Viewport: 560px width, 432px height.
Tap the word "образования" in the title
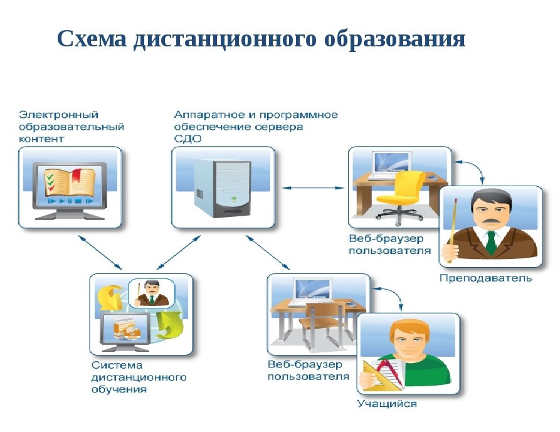click(x=394, y=40)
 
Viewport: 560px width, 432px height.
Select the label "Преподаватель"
click(x=486, y=278)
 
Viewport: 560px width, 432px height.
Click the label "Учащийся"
click(x=387, y=404)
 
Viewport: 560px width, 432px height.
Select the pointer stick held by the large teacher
click(x=453, y=230)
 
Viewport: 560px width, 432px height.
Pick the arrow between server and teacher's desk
click(x=313, y=188)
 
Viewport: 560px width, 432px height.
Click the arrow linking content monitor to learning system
click(x=100, y=252)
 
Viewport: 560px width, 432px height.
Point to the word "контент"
click(x=41, y=139)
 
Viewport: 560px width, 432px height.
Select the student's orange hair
click(x=409, y=329)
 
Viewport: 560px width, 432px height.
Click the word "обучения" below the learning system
click(x=119, y=389)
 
